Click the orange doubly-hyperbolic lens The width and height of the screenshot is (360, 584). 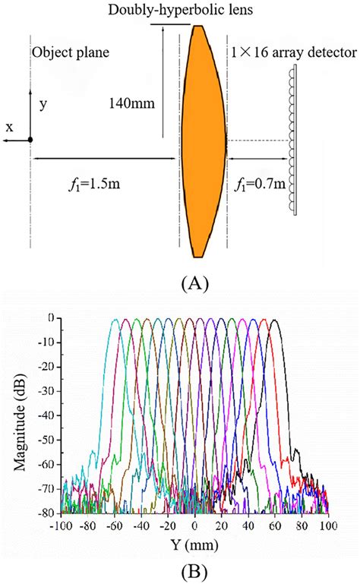[x=203, y=140]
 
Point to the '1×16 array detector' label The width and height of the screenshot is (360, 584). [x=292, y=54]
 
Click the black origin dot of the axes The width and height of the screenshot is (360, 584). [x=30, y=140]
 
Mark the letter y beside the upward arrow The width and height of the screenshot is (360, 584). [x=43, y=105]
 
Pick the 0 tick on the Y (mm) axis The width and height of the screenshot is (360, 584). [x=194, y=525]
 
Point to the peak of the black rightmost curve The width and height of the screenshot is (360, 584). [x=275, y=320]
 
